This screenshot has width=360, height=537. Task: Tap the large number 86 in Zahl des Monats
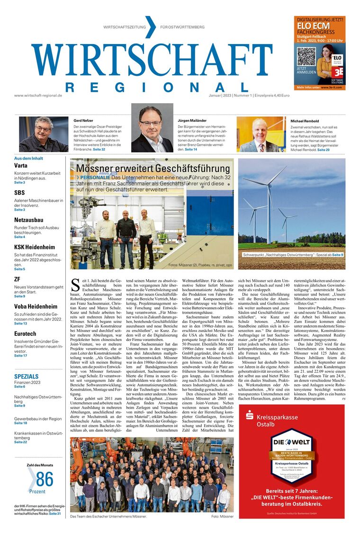[45, 480]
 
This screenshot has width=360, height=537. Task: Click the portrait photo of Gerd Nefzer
[44, 134]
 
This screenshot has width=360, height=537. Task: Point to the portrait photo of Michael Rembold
[261, 134]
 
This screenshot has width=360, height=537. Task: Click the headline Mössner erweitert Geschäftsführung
[153, 169]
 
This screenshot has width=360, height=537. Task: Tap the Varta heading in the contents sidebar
[20, 166]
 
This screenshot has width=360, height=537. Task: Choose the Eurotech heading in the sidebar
[25, 333]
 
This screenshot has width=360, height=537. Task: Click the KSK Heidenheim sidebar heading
[35, 247]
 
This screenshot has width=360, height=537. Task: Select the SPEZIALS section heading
[26, 376]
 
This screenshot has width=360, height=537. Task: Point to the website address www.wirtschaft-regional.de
[38, 95]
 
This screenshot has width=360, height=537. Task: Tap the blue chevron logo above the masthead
[150, 27]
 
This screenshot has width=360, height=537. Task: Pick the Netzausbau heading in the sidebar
[29, 220]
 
